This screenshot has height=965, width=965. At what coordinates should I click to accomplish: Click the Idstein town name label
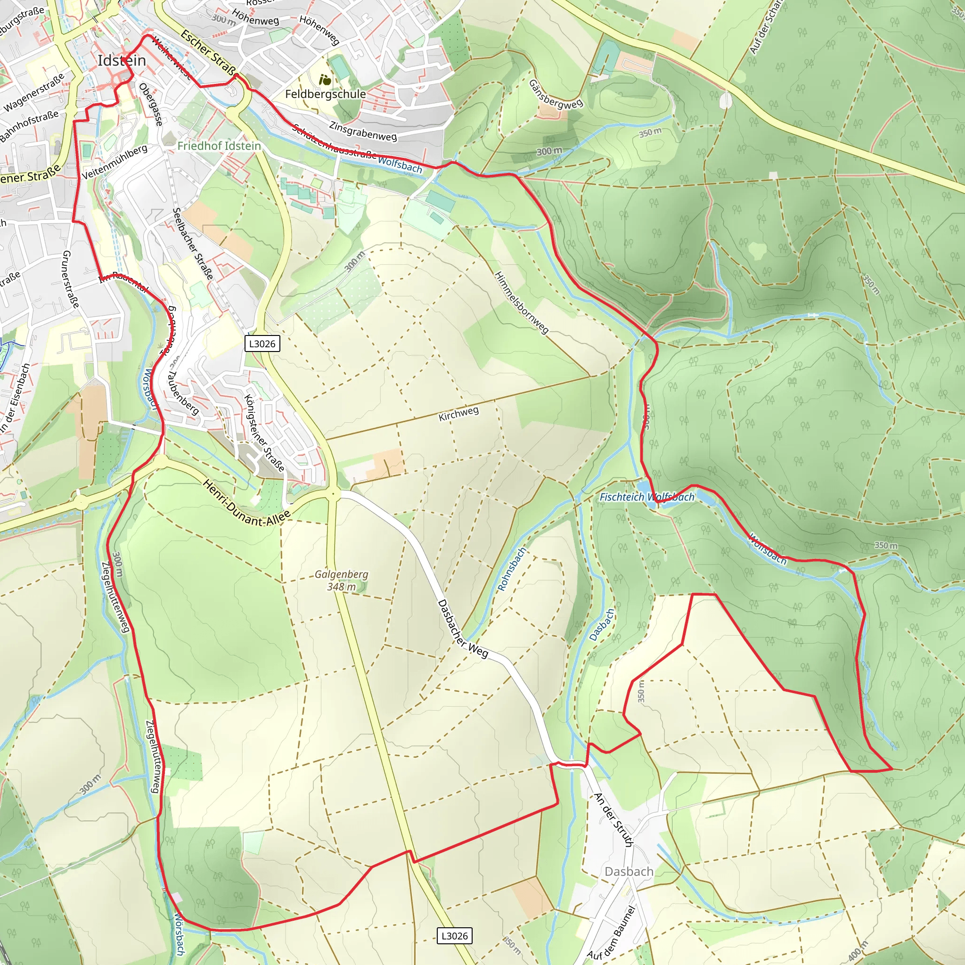click(x=122, y=60)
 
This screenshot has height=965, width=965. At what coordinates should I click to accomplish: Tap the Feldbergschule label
click(x=325, y=94)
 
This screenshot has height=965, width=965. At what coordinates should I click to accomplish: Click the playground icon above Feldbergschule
click(x=325, y=80)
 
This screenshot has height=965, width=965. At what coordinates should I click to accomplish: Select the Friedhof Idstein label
click(x=219, y=146)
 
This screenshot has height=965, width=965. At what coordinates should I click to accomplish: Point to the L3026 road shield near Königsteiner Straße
click(x=262, y=343)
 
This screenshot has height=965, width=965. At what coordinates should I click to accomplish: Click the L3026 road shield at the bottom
click(x=455, y=935)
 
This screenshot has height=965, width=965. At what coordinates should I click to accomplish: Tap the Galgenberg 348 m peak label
click(x=342, y=581)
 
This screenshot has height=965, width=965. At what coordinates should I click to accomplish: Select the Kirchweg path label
click(x=458, y=414)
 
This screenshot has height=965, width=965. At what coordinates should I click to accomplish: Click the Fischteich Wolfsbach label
click(x=646, y=497)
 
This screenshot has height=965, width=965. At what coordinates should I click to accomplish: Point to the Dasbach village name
click(x=629, y=872)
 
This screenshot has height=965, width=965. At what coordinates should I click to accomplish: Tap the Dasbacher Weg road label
click(x=462, y=629)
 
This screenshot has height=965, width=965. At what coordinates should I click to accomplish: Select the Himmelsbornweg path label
click(x=522, y=303)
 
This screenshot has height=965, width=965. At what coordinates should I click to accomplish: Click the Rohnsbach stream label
click(x=512, y=569)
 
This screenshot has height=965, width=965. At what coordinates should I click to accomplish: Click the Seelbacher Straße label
click(x=193, y=243)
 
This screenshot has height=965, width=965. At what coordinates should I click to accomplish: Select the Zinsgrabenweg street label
click(x=363, y=131)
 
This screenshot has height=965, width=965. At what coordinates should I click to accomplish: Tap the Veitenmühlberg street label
click(x=114, y=162)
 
